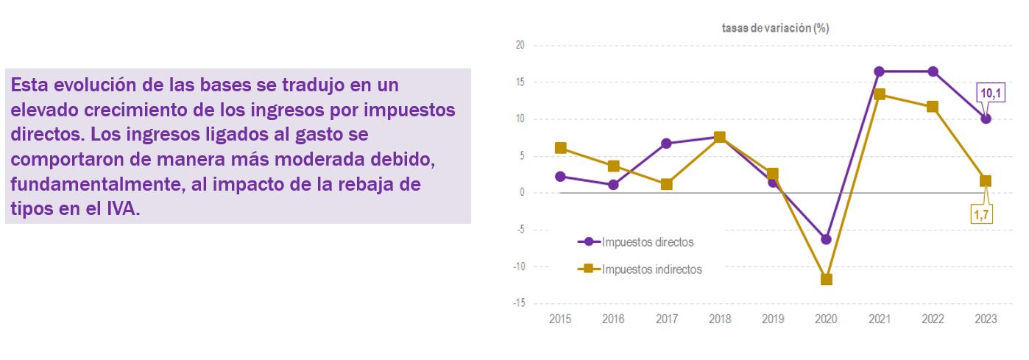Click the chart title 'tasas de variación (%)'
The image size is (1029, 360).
pyautogui.click(x=775, y=28)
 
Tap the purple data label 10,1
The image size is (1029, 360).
pyautogui.click(x=989, y=93)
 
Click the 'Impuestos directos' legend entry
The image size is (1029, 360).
pyautogui.click(x=647, y=241)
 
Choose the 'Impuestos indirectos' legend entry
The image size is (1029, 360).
pyautogui.click(x=651, y=269)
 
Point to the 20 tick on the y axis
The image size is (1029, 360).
pyautogui.click(x=520, y=46)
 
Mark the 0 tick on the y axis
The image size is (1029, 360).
pyautogui.click(x=522, y=193)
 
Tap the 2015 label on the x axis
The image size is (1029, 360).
pyautogui.click(x=560, y=320)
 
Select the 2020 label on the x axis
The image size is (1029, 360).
pyautogui.click(x=826, y=320)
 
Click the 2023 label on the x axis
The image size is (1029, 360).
pyautogui.click(x=986, y=320)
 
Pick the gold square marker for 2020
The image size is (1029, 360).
pyautogui.click(x=826, y=280)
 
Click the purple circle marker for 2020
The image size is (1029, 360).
pyautogui.click(x=826, y=239)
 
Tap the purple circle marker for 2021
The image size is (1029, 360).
pyautogui.click(x=880, y=71)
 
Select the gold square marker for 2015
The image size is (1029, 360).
pyautogui.click(x=561, y=148)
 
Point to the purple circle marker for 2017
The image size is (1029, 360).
pyautogui.click(x=667, y=144)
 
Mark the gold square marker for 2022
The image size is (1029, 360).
pyautogui.click(x=933, y=107)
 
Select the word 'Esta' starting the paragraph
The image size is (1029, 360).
pyautogui.click(x=28, y=85)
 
